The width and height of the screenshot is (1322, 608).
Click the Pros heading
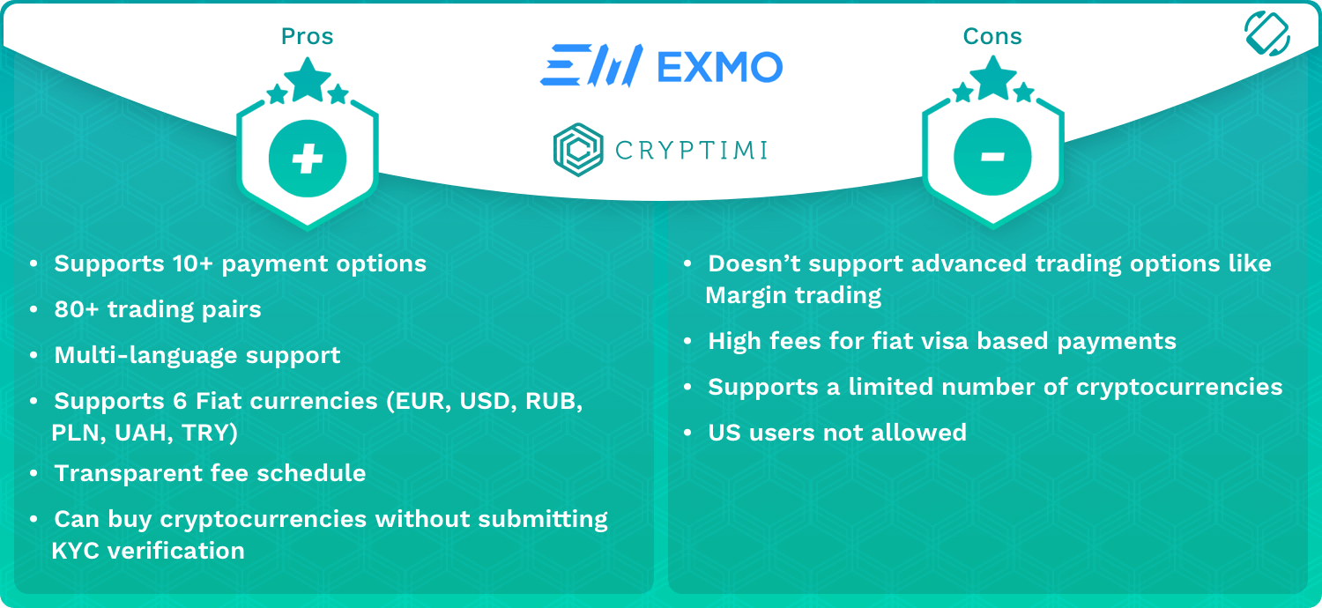pyautogui.click(x=307, y=37)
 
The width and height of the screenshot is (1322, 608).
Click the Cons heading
pyautogui.click(x=992, y=37)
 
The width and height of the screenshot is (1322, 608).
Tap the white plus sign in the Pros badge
pyautogui.click(x=308, y=159)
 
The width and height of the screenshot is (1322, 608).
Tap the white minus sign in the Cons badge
pyautogui.click(x=992, y=157)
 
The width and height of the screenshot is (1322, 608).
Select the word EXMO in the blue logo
pyautogui.click(x=720, y=67)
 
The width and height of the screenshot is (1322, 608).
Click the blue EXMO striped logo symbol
pyautogui.click(x=591, y=65)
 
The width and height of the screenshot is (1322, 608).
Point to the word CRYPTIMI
pyautogui.click(x=691, y=150)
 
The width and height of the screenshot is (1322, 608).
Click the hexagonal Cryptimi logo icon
pyautogui.click(x=578, y=149)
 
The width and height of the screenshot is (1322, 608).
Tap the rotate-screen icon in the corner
pyautogui.click(x=1267, y=33)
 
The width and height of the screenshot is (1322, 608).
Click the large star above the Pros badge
pyautogui.click(x=308, y=79)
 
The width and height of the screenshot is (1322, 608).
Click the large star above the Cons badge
pyautogui.click(x=993, y=78)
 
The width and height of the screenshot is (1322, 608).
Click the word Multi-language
pyautogui.click(x=146, y=355)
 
